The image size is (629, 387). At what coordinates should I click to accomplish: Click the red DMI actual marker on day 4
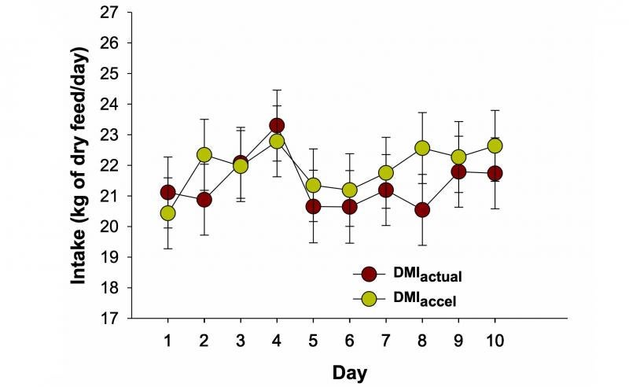click(x=277, y=125)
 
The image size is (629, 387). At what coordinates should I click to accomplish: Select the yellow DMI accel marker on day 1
click(x=167, y=213)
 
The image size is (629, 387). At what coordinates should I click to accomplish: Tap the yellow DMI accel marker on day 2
click(x=204, y=155)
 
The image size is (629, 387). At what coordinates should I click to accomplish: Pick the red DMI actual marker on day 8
click(x=422, y=210)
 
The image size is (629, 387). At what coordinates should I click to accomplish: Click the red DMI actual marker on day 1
click(x=167, y=193)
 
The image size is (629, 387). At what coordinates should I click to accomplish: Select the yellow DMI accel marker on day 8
click(x=422, y=148)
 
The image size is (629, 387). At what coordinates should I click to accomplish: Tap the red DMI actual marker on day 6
click(x=350, y=207)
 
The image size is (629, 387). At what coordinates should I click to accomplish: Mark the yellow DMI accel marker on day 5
click(x=313, y=186)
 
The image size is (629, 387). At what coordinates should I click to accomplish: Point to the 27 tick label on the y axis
click(x=109, y=13)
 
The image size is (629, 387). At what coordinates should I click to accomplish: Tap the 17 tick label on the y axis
click(x=109, y=319)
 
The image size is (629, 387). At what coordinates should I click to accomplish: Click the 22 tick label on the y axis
click(x=109, y=165)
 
